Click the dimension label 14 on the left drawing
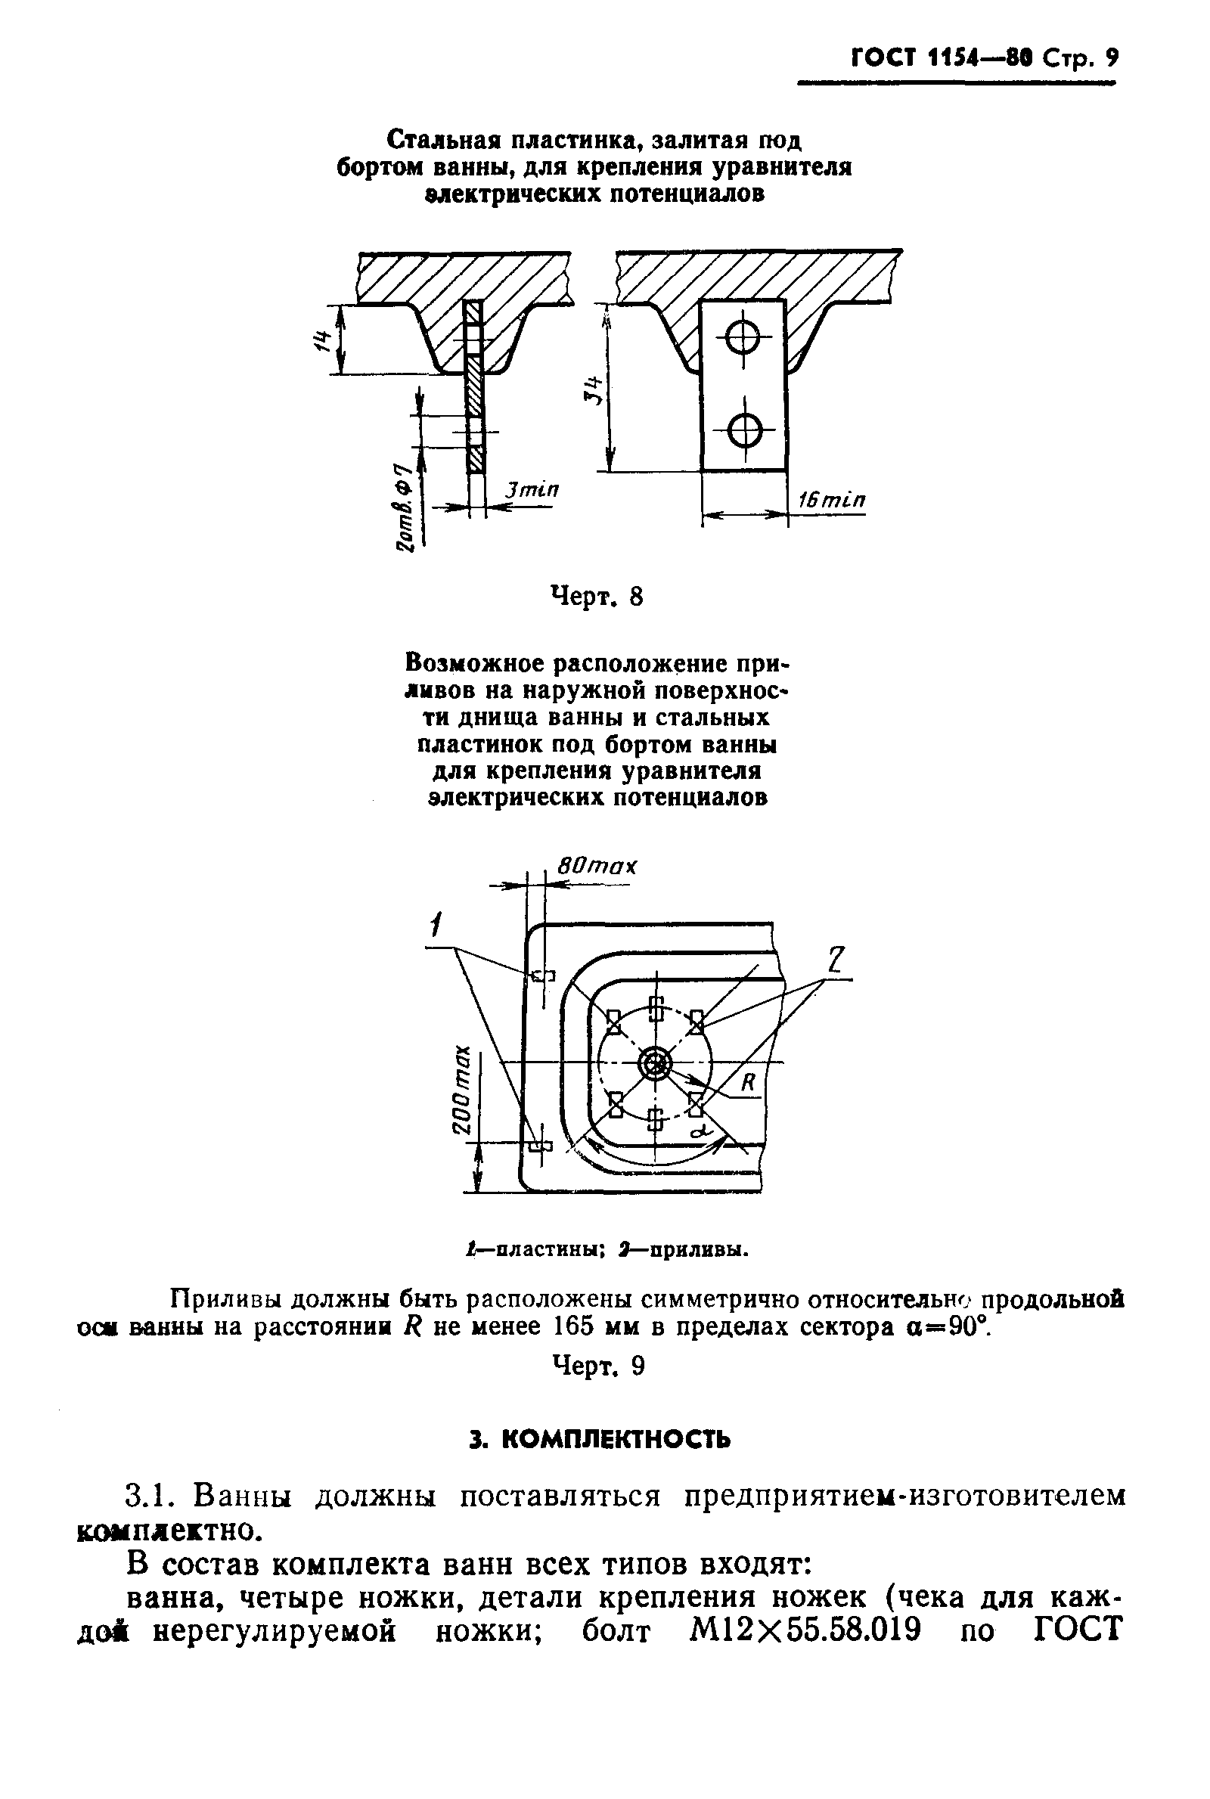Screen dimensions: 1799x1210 point(323,340)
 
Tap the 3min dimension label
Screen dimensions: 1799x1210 point(532,491)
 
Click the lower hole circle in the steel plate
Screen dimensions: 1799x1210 point(744,430)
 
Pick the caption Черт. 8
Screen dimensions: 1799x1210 point(596,597)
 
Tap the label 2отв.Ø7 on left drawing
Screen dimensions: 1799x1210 point(402,507)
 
